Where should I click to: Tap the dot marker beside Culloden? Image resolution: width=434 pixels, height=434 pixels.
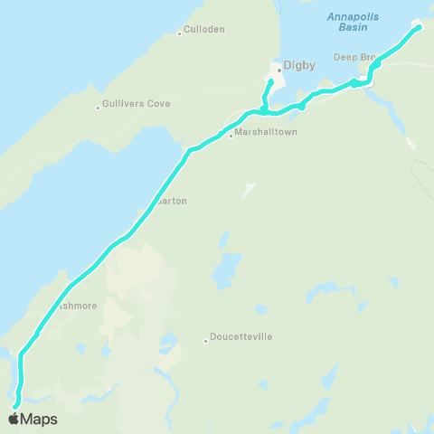tap(180, 34)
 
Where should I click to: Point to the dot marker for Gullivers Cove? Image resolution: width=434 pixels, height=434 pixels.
tap(99, 108)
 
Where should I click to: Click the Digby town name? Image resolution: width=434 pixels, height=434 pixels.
tap(297, 65)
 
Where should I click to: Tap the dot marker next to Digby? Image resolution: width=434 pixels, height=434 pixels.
tap(279, 69)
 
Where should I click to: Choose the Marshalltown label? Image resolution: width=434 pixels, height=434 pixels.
tap(266, 132)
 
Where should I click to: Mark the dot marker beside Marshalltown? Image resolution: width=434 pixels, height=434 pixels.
tap(231, 136)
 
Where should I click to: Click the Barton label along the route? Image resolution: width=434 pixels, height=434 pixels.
tap(172, 201)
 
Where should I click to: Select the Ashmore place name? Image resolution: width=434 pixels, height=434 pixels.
tap(78, 306)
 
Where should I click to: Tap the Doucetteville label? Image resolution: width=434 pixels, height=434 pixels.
tap(241, 336)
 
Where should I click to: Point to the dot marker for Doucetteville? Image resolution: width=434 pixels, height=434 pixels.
tap(205, 341)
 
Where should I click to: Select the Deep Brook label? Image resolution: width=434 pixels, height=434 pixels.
tap(354, 57)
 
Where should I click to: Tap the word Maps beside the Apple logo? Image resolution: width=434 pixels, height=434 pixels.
tap(39, 419)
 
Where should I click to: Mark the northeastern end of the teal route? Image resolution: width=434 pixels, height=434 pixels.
tap(420, 27)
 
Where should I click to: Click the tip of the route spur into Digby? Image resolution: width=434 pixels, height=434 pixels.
tap(270, 82)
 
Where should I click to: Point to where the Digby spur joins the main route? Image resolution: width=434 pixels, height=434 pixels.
tap(263, 111)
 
